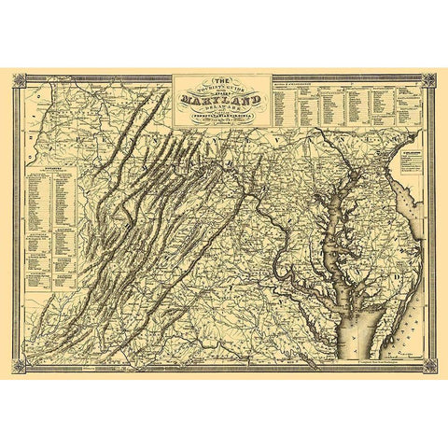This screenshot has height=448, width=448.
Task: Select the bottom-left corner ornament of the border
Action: tap(20, 365)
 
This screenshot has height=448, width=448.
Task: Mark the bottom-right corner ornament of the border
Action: tap(428, 365)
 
